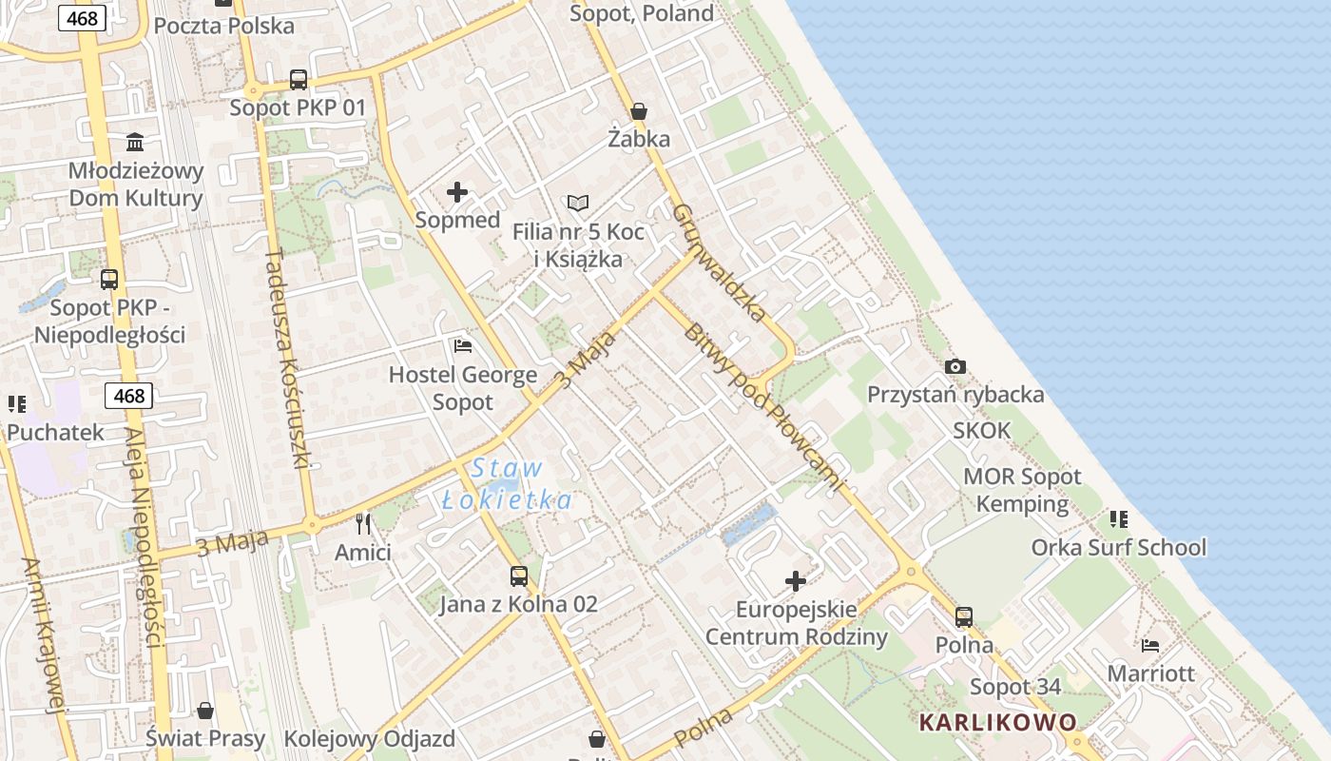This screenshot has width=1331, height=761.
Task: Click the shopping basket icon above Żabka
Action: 639,111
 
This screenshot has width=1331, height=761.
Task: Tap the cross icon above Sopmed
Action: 457,192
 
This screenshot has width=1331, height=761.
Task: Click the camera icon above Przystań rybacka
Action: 955,366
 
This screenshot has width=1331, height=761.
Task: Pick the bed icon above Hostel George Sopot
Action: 463,345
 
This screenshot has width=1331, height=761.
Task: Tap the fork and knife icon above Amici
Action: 363,523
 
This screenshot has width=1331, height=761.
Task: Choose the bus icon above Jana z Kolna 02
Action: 518,576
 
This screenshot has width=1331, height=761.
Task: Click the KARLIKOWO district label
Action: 998,722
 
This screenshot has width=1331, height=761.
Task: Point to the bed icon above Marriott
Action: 1150,645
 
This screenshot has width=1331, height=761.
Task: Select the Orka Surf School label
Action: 1118,548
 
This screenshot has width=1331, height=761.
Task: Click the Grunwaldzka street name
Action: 720,263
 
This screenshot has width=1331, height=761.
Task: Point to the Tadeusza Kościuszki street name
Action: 288,359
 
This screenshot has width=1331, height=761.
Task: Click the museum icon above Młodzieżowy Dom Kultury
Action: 135,143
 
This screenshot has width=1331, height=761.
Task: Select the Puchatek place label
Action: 55,433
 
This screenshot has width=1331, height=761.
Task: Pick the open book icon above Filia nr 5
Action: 578,203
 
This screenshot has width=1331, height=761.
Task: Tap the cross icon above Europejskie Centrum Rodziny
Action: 796,580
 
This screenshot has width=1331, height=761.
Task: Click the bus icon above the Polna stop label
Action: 964,617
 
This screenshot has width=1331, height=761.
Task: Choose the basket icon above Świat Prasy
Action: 205,710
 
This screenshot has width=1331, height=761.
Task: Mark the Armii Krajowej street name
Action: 44,634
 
